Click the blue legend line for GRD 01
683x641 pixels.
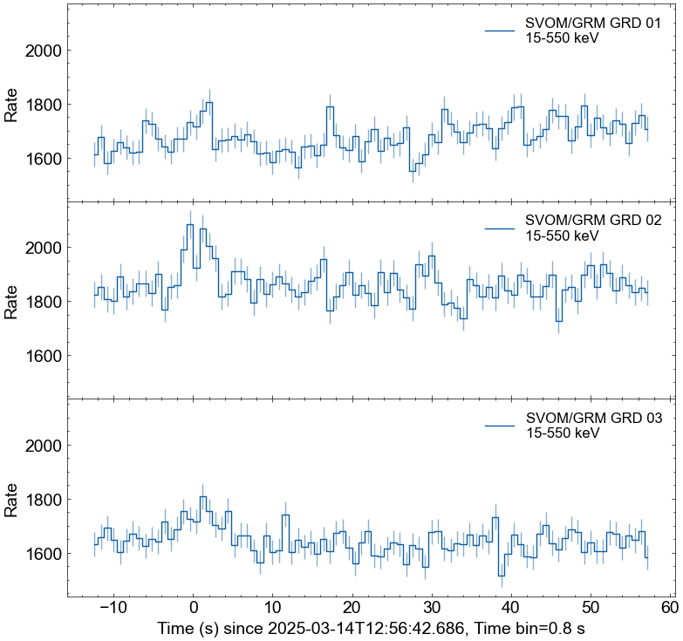[501, 31]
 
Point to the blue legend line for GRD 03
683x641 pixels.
[501, 425]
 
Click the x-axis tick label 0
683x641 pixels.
[193, 607]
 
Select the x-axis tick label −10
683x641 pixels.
[111, 607]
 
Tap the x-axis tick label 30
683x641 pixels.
[432, 607]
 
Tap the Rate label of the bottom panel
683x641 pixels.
[11, 500]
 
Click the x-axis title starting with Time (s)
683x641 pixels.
[376, 628]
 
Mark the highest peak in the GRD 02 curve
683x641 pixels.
[190, 224]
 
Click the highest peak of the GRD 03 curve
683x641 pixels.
[202, 497]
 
